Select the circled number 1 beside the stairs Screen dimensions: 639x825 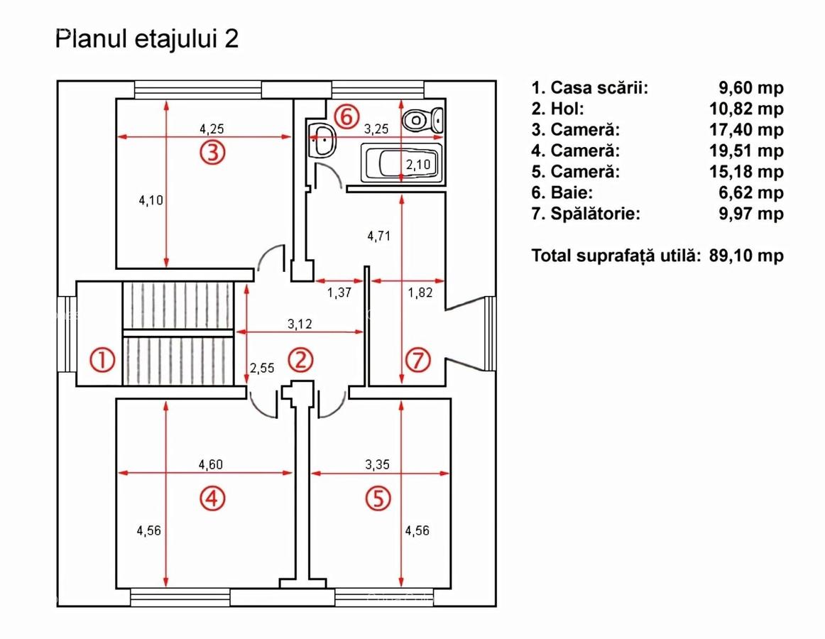tap(102, 361)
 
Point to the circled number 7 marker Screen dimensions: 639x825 tap(417, 361)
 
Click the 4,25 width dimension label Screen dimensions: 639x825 tap(212, 129)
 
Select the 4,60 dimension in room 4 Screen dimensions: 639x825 tap(212, 465)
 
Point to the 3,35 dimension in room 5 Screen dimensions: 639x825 tap(378, 465)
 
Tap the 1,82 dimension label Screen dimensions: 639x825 tap(419, 291)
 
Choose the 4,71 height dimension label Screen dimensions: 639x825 tap(379, 236)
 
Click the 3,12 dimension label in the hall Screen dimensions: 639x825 tap(301, 324)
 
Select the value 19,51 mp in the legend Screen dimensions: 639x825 tap(745, 151)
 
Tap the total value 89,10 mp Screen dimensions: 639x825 tap(745, 256)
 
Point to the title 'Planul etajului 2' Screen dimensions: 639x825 tap(147, 40)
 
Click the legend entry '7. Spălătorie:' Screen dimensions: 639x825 tap(585, 214)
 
